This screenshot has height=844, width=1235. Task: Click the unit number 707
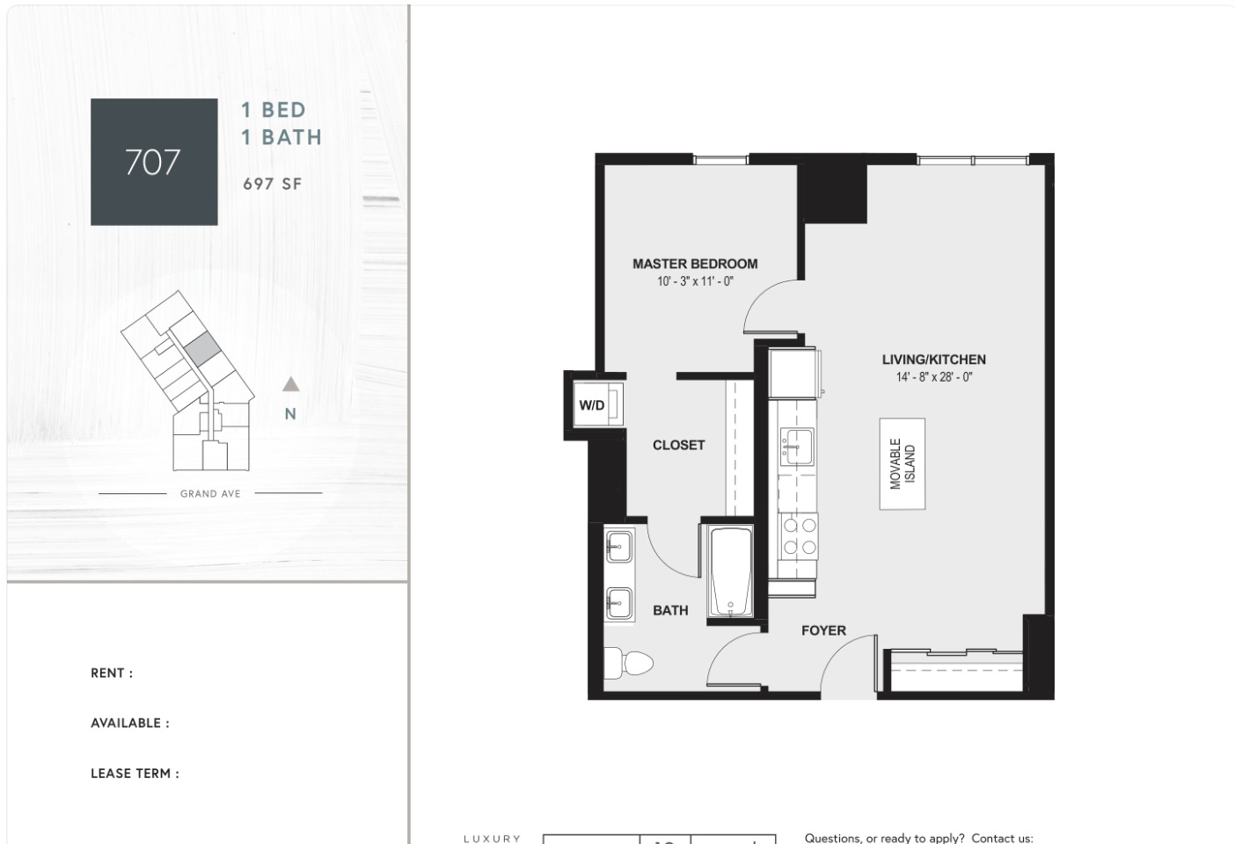pyautogui.click(x=153, y=162)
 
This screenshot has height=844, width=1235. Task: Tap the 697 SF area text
pyautogui.click(x=273, y=184)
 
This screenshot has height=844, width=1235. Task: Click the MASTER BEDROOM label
pyautogui.click(x=695, y=264)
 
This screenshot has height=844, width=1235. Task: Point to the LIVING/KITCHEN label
pyautogui.click(x=934, y=360)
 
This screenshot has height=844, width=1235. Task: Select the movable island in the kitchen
pyautogui.click(x=902, y=464)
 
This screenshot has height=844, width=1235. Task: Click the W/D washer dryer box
pyautogui.click(x=597, y=405)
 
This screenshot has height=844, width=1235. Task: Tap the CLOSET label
pyautogui.click(x=679, y=445)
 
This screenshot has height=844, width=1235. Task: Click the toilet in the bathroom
pyautogui.click(x=627, y=663)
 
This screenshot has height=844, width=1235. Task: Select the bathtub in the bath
pyautogui.click(x=730, y=572)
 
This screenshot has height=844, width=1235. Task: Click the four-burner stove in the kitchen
pyautogui.click(x=799, y=536)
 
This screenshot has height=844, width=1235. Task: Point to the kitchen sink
pyautogui.click(x=797, y=447)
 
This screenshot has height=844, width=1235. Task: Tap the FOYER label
pyautogui.click(x=823, y=630)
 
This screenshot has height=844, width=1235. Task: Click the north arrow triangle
pyautogui.click(x=290, y=384)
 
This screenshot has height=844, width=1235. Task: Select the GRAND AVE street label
pyautogui.click(x=210, y=493)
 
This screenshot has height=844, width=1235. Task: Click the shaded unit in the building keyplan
pyautogui.click(x=201, y=347)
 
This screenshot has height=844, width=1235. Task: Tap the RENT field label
pyautogui.click(x=112, y=673)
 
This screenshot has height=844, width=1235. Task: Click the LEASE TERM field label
pyautogui.click(x=135, y=774)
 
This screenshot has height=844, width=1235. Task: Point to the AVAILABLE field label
pyautogui.click(x=130, y=724)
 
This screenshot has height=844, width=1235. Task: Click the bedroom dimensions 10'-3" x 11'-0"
pyautogui.click(x=695, y=281)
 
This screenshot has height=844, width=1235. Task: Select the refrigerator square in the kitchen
pyautogui.click(x=793, y=373)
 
